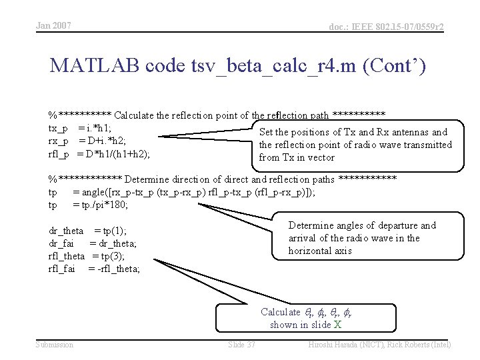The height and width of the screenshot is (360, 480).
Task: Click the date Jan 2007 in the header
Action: pos(53,26)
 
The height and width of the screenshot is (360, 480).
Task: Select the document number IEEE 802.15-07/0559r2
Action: pos(387,27)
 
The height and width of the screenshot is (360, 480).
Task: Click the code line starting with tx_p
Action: pos(80,128)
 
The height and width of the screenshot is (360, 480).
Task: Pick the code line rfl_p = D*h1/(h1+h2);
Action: pos(99,154)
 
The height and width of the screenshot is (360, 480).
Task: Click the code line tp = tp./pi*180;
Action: pos(88,205)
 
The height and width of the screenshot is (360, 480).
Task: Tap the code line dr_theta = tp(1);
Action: pos(88,231)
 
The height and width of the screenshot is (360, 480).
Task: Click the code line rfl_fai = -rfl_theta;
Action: pos(94,269)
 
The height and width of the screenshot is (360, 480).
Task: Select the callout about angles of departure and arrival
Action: pos(362,238)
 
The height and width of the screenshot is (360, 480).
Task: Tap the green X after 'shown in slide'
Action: pos(337,325)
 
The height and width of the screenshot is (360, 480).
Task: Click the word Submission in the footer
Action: pos(55,344)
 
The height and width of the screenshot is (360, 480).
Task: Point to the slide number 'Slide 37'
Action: pos(241,344)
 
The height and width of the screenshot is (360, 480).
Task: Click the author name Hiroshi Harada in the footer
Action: pos(337,344)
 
